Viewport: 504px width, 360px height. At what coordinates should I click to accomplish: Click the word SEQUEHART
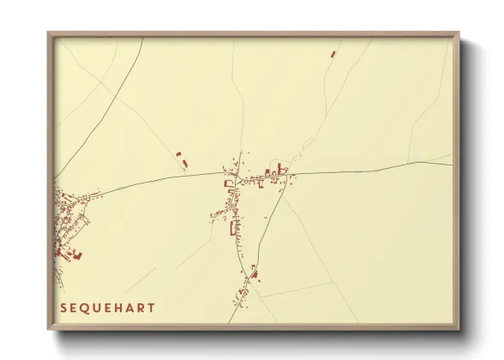pos(108,307)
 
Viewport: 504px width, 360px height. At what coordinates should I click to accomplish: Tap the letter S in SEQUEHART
pos(63,307)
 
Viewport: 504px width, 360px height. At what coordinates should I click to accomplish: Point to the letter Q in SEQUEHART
pos(86,307)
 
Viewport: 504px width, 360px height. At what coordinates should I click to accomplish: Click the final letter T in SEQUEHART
pos(153,307)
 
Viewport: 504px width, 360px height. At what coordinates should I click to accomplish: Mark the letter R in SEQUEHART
pos(142,307)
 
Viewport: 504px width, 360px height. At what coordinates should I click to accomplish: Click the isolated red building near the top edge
pos(333,54)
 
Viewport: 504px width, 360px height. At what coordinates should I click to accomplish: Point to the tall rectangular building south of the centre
pos(233,227)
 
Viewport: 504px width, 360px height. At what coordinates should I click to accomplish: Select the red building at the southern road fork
pos(255,274)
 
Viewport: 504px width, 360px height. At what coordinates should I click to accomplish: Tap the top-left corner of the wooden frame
pos(49,33)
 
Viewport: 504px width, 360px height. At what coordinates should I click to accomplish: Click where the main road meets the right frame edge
pos(453,164)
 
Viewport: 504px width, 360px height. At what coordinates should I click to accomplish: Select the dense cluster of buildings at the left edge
pos(69,227)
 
